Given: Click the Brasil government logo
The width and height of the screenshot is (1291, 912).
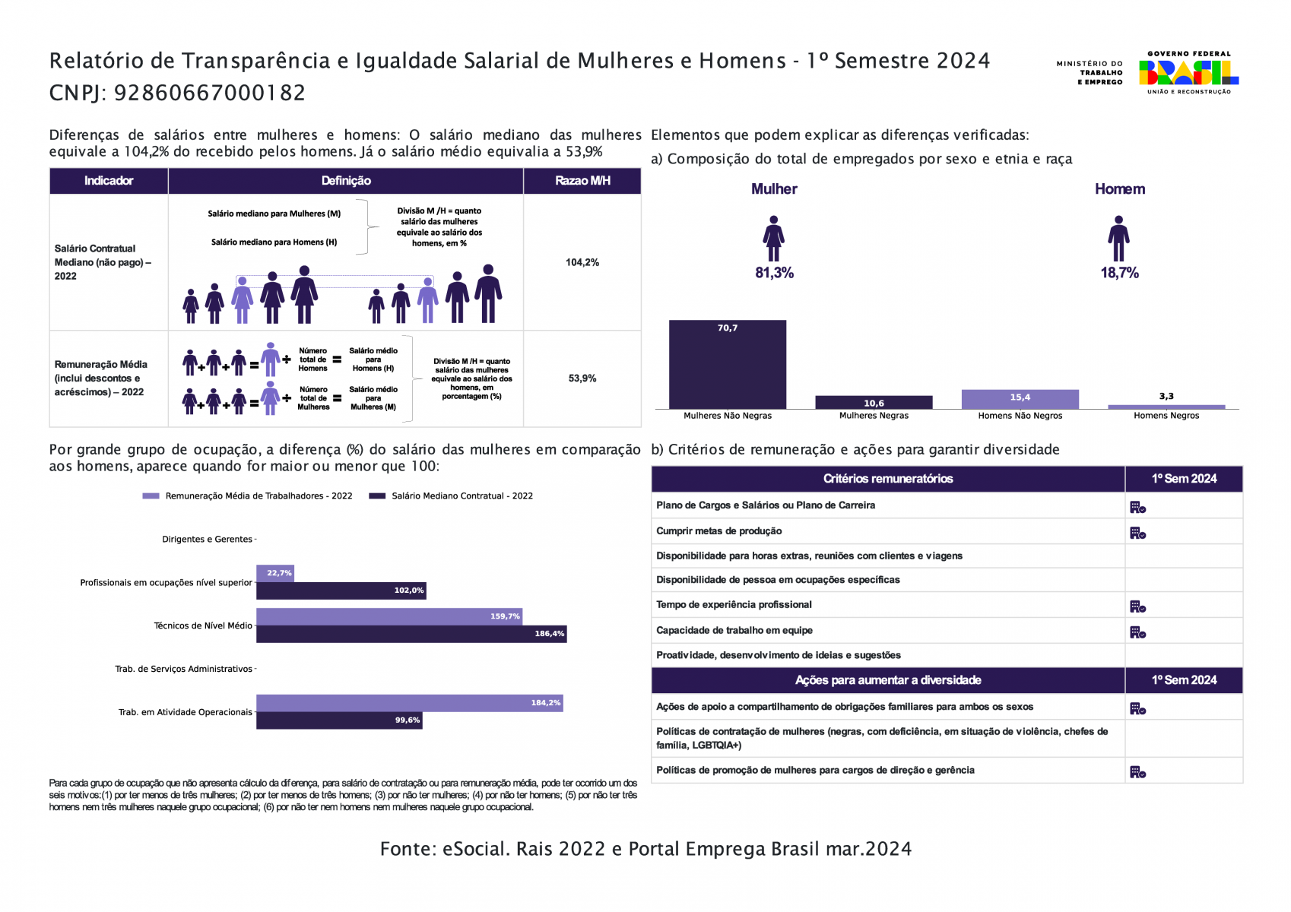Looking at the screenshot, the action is [1188, 73].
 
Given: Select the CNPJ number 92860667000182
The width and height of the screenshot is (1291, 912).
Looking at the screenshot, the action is [210, 93].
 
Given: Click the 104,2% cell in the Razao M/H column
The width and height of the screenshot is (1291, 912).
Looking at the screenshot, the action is [582, 262].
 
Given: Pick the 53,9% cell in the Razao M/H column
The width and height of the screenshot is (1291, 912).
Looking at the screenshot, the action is [582, 378].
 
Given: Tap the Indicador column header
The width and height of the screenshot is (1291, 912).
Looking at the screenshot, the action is [109, 180].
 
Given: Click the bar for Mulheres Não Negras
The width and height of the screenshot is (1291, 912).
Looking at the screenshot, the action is [728, 364].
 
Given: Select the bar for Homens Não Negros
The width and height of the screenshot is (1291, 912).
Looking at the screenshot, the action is [1020, 399].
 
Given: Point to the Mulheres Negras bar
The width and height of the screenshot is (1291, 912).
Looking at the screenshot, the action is [874, 402].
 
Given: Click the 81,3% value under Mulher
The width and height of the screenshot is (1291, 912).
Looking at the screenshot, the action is [774, 273].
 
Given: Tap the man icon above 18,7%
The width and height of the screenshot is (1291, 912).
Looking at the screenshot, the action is [1118, 239].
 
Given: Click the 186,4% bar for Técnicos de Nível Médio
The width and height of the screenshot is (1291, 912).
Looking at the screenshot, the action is [411, 634].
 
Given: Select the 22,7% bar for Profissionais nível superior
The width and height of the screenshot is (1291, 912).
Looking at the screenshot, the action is [275, 573].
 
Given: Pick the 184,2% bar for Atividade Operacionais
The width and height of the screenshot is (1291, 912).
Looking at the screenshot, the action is [410, 703].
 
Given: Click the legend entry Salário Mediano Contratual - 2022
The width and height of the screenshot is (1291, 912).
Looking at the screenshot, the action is [451, 496].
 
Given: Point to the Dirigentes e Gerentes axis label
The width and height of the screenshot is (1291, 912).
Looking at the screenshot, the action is [207, 540].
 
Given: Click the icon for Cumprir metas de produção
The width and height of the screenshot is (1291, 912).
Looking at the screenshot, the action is [1137, 533].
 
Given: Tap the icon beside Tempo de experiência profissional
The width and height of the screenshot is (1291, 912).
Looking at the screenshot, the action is [1137, 606].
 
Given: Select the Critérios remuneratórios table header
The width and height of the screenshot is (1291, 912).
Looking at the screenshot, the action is [887, 479].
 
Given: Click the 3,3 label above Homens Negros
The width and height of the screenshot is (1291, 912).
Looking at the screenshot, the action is [1166, 396].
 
